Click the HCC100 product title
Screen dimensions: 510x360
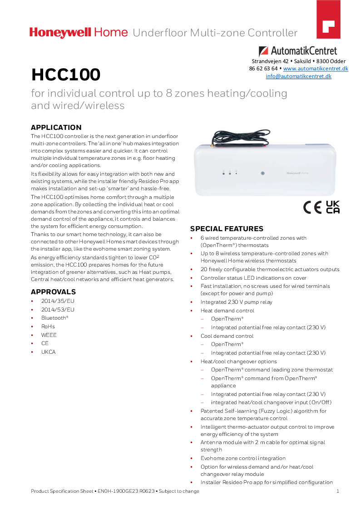66,74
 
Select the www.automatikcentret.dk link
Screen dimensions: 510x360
316,69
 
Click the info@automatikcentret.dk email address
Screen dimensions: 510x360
298,76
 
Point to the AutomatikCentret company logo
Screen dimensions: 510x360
298,51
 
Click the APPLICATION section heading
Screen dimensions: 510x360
56,128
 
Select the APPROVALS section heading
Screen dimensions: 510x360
53,292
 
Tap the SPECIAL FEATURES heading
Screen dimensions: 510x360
227,229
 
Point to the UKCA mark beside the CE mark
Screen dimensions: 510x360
333,207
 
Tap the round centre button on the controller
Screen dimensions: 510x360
262,173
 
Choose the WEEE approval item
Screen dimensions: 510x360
49,335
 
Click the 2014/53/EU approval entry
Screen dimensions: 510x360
58,310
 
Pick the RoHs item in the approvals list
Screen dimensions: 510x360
48,327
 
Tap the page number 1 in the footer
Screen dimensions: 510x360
338,491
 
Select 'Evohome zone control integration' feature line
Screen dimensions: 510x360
243,458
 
